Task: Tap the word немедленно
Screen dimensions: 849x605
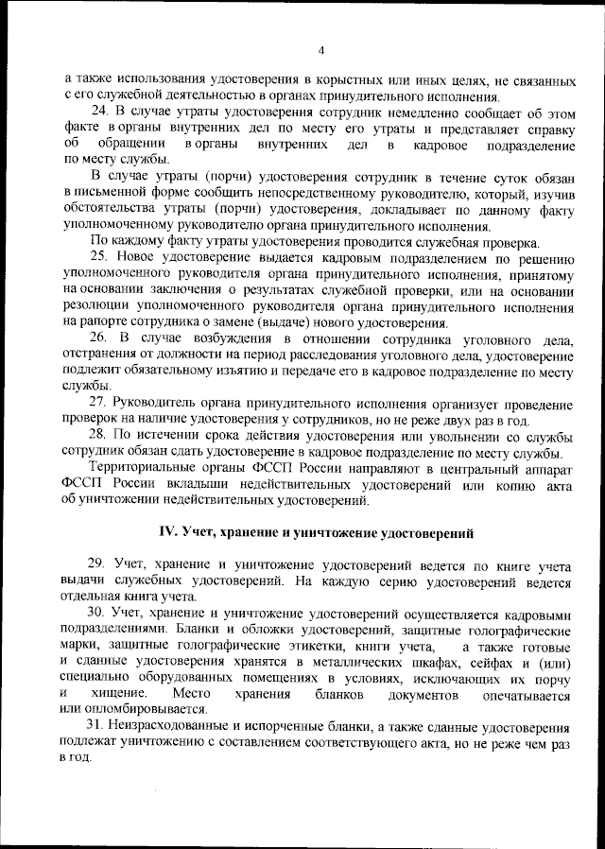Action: (381, 114)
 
